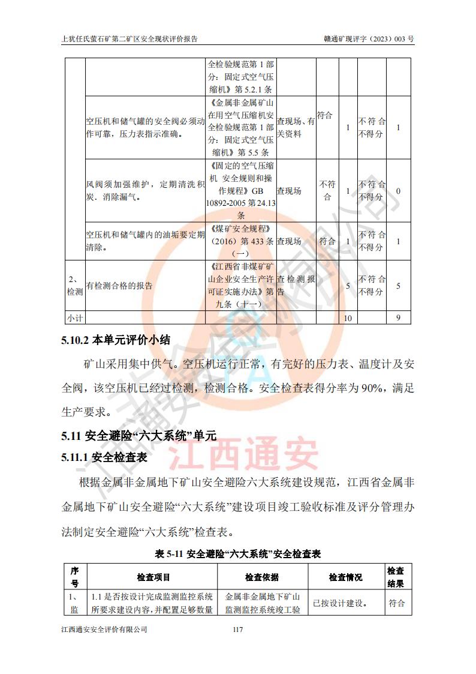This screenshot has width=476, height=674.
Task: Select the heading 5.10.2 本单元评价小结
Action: pos(116,340)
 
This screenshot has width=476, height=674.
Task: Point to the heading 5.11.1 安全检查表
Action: pos(104,457)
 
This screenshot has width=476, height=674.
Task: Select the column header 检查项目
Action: pos(153,577)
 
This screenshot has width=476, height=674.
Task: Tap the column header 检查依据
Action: pos(262,577)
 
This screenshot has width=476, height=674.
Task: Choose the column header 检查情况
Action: pos(345,577)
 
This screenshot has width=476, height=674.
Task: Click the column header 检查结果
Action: pos(396,577)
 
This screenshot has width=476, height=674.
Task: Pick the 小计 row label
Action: pos(74,317)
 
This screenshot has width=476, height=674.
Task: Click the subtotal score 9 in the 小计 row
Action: pos(399,317)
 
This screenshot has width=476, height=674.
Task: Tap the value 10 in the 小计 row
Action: pos(348,317)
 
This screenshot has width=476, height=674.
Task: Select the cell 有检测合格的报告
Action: pos(119,286)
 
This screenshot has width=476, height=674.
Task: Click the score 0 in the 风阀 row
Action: pos(399,191)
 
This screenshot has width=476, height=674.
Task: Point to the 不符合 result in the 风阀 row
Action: pos(327,191)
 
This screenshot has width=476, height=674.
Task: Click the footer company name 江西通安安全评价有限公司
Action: pos(104,630)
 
